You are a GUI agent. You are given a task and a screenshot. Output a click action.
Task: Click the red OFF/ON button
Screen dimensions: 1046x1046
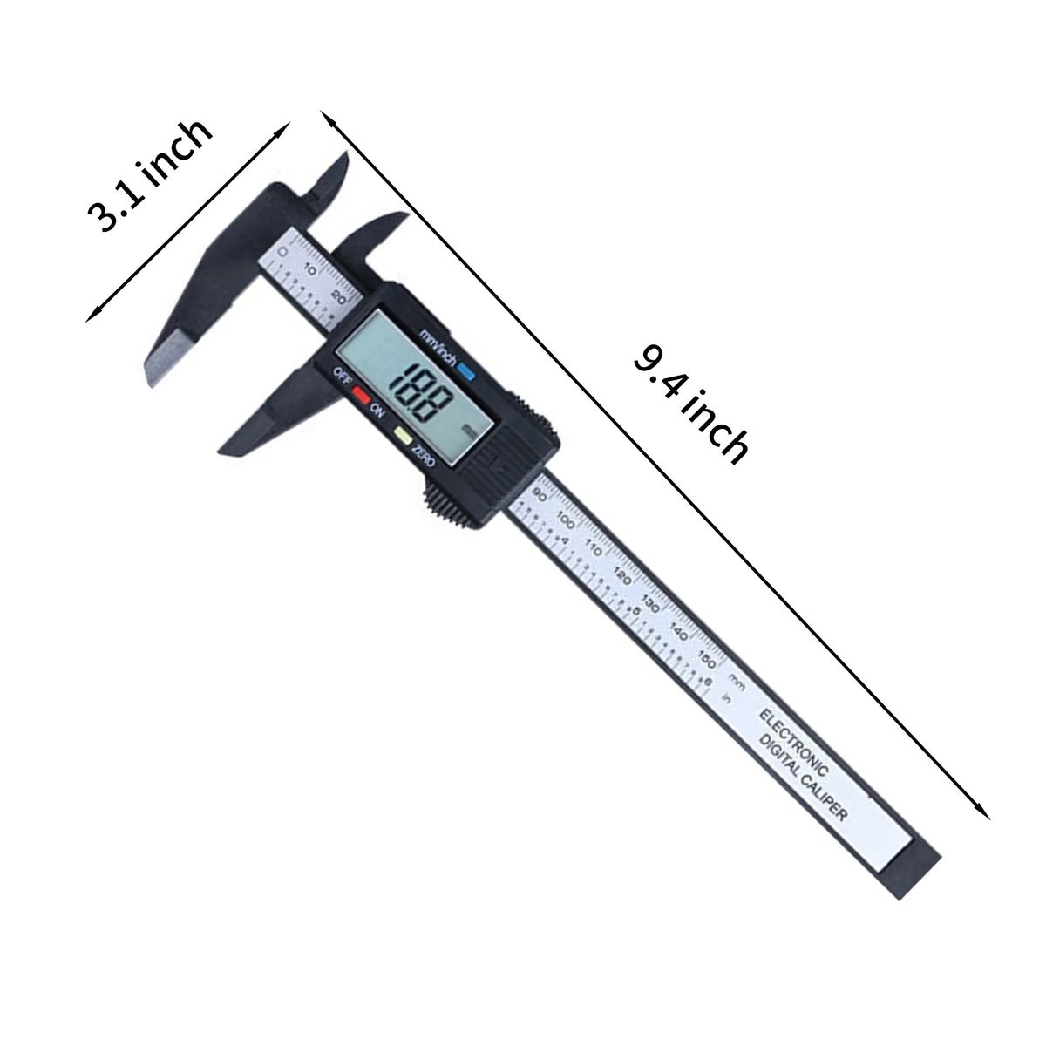359,393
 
